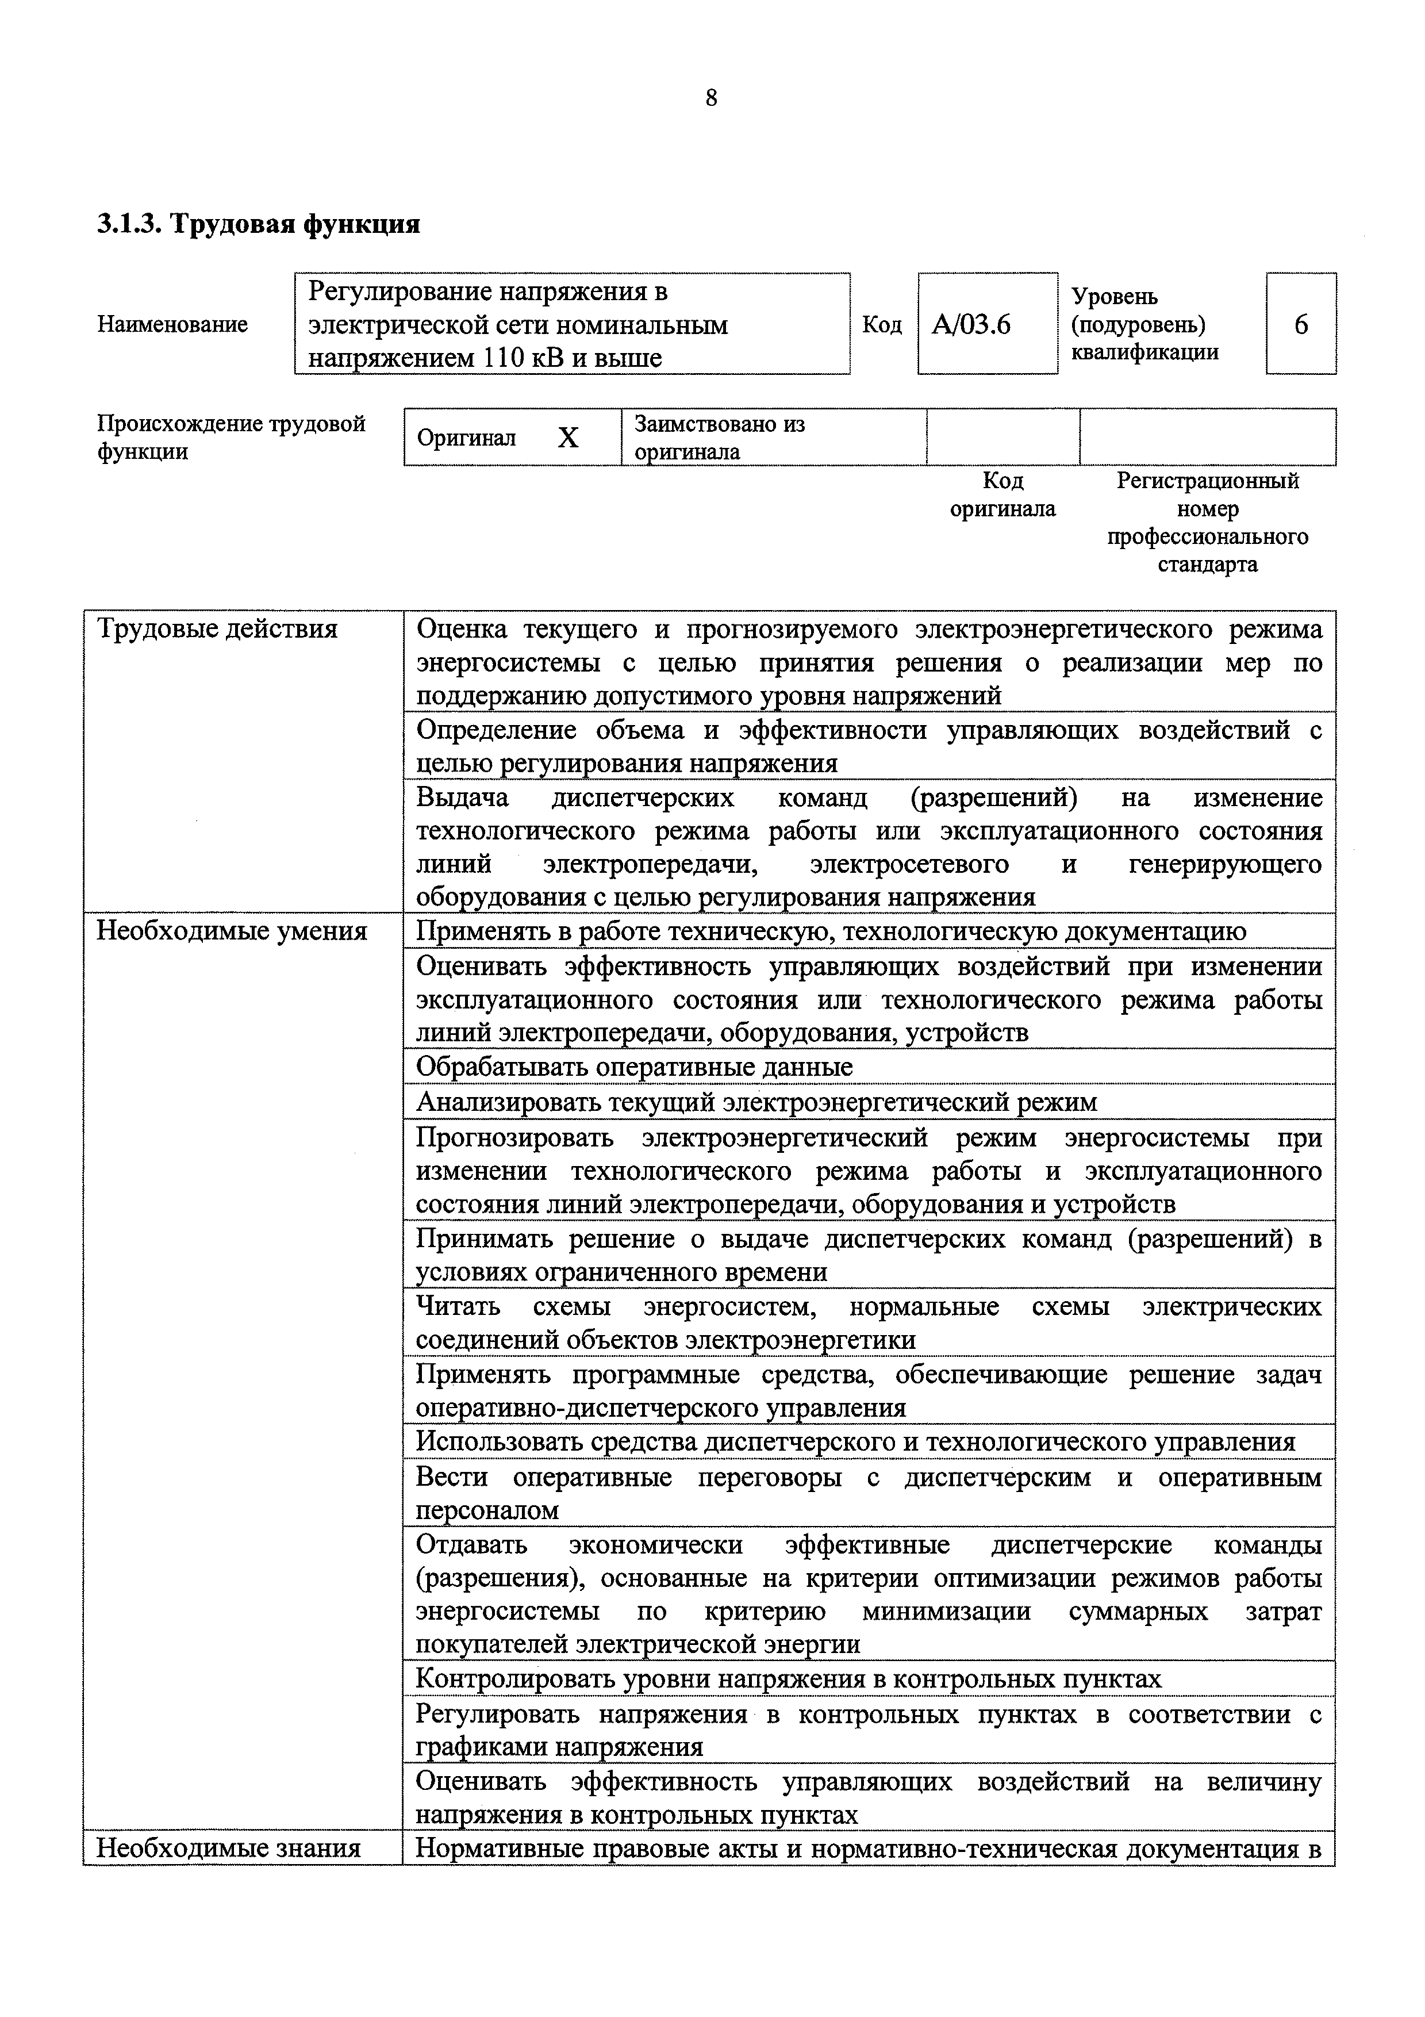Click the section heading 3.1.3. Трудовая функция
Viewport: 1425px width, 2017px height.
[x=258, y=224]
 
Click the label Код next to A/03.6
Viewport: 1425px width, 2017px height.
[x=882, y=325]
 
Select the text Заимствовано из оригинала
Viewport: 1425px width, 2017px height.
[x=720, y=438]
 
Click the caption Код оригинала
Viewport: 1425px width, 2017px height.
[x=1003, y=494]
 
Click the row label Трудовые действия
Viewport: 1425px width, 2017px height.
[x=217, y=629]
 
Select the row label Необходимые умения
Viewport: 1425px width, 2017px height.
[x=232, y=931]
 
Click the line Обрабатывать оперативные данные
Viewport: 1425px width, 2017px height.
[x=634, y=1067]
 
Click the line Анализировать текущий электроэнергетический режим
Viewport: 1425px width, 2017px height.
[x=756, y=1102]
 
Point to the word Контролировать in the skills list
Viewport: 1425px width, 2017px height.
[x=514, y=1679]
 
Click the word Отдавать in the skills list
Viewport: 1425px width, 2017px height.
[x=471, y=1544]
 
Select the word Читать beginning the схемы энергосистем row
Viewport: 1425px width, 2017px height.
[x=458, y=1306]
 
